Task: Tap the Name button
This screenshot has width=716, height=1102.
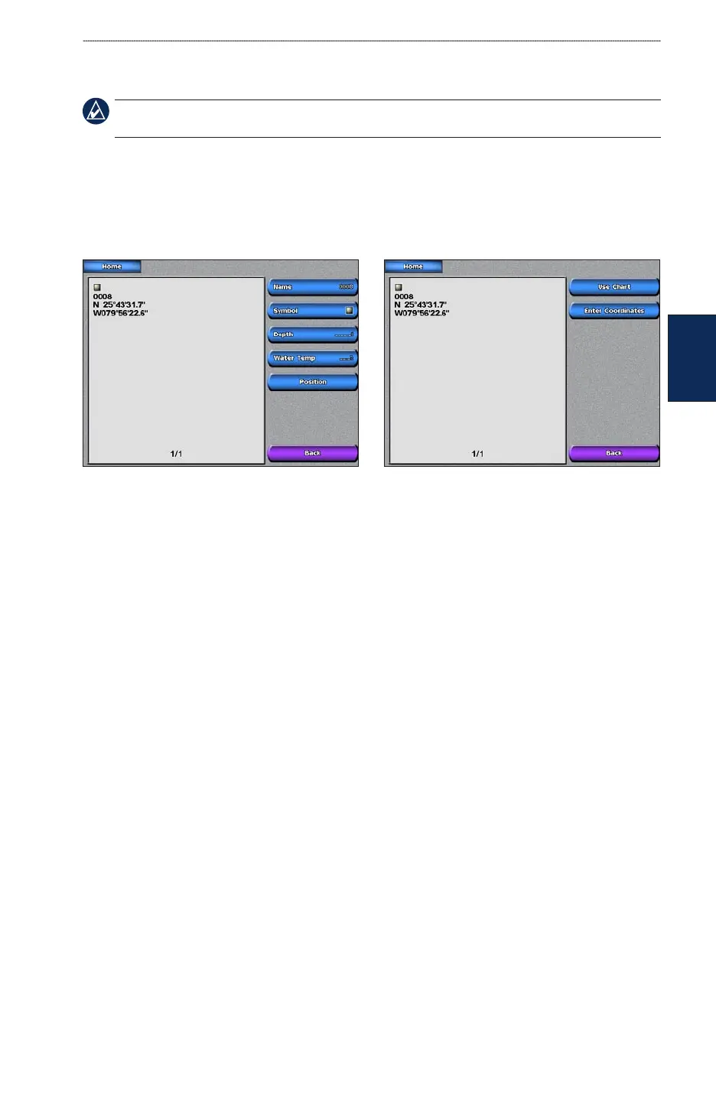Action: pos(312,287)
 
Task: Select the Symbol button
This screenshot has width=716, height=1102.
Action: pos(312,311)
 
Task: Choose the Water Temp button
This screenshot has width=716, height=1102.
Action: pos(312,358)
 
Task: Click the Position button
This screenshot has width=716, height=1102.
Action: pos(312,382)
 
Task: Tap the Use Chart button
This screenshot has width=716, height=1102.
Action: pos(613,287)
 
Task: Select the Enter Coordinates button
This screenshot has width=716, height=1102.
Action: pos(613,311)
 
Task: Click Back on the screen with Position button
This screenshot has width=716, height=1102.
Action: pos(312,453)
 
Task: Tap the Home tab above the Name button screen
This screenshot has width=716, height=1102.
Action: pos(112,266)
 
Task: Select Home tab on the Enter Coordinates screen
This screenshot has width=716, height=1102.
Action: pos(413,266)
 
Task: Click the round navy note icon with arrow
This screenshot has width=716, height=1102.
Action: pos(96,112)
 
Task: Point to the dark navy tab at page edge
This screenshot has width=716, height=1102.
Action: pos(692,357)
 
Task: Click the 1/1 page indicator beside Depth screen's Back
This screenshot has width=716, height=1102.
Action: pos(176,454)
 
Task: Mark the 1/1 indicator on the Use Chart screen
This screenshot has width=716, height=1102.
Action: pos(477,454)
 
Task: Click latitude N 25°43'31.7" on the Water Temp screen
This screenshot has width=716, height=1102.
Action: pos(119,305)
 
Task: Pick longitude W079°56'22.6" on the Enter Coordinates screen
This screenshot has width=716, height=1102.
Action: pos(421,313)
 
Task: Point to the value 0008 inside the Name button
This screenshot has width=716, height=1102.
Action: pos(346,287)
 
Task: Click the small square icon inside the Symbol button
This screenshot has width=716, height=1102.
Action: pos(349,311)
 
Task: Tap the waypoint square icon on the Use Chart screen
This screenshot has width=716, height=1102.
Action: pos(399,288)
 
